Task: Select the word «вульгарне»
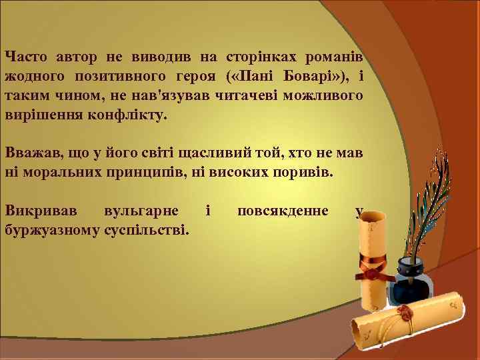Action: tap(141, 211)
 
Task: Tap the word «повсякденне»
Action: tap(282, 211)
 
